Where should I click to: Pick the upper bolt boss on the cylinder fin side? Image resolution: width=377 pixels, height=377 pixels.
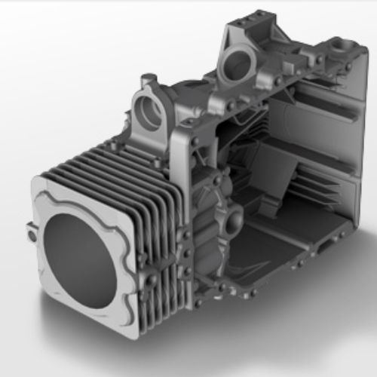coord(143,260)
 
